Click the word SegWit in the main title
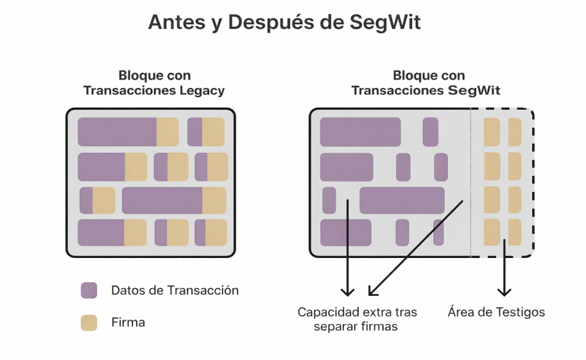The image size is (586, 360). tap(386, 22)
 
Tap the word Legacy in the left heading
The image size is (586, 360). tap(200, 90)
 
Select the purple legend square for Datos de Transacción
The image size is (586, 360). tap(89, 290)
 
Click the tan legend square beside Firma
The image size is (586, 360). tap(89, 323)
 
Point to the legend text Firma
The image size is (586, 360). tap(128, 323)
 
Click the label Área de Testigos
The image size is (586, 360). tap(496, 313)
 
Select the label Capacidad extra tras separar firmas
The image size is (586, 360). tap(357, 319)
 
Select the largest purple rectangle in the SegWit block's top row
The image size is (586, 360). tap(360, 132)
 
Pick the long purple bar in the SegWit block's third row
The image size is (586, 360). tap(402, 200)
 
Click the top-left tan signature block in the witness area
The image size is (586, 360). tap(492, 132)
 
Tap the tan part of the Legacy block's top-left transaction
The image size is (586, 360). tap(168, 132)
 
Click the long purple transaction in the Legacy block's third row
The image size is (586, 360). tap(162, 200)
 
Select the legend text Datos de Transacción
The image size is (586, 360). tap(175, 290)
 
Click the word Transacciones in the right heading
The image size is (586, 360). tap(395, 90)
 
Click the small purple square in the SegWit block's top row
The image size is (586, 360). tap(431, 132)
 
